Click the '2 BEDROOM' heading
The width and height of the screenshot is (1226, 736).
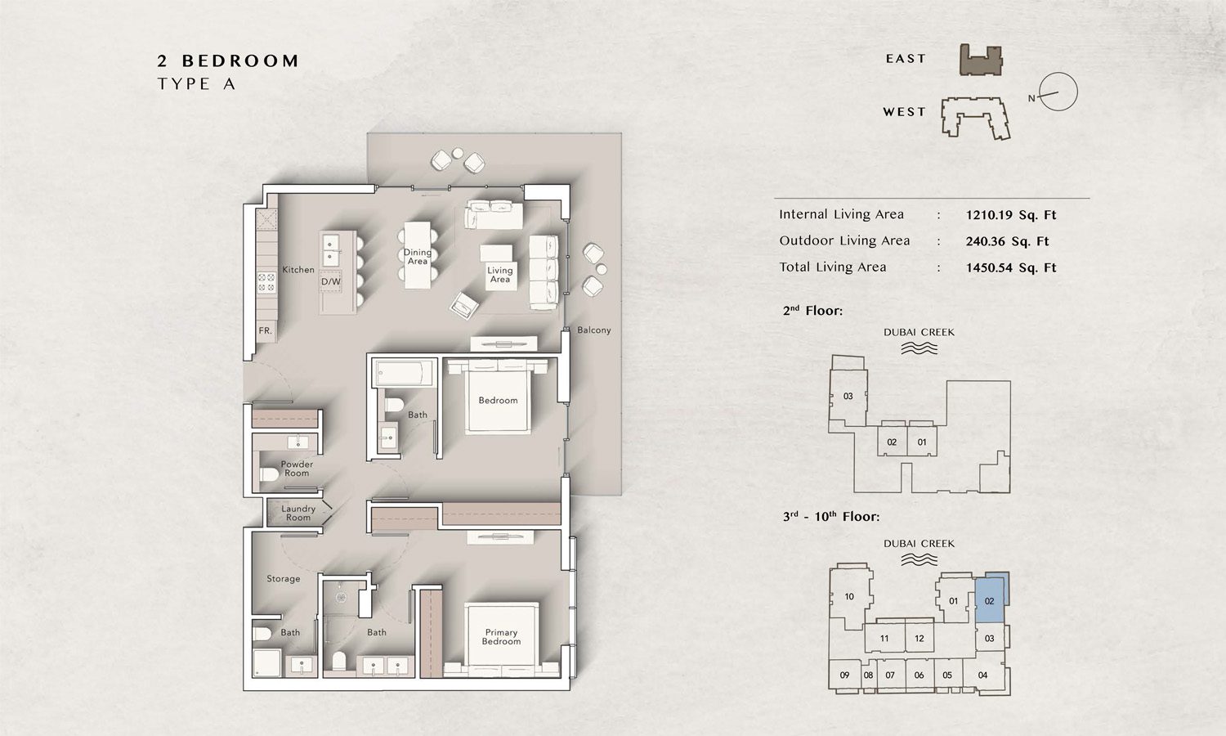click(228, 61)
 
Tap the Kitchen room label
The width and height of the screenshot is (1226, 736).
click(298, 270)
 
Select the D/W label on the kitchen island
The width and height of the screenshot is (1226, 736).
click(330, 281)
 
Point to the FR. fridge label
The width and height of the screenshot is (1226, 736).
click(265, 331)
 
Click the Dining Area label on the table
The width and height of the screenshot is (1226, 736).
click(418, 257)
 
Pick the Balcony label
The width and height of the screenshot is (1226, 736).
click(593, 330)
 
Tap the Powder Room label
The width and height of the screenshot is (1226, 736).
click(297, 469)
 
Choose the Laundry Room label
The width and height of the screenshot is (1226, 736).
click(298, 513)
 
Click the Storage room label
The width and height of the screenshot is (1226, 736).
click(283, 579)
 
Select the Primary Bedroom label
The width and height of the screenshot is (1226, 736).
click(501, 637)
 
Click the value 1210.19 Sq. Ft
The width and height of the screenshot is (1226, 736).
click(1011, 215)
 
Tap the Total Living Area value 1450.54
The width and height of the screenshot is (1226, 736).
click(1011, 267)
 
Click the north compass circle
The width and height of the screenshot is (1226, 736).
click(1058, 92)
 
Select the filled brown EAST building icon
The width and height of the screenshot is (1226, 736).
click(980, 61)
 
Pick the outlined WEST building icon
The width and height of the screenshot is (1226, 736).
click(975, 117)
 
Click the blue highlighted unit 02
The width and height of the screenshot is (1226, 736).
click(990, 601)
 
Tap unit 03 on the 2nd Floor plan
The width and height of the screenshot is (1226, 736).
click(848, 397)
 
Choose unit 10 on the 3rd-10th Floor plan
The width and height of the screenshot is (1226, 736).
click(849, 597)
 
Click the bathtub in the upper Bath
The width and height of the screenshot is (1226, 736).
click(404, 375)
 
